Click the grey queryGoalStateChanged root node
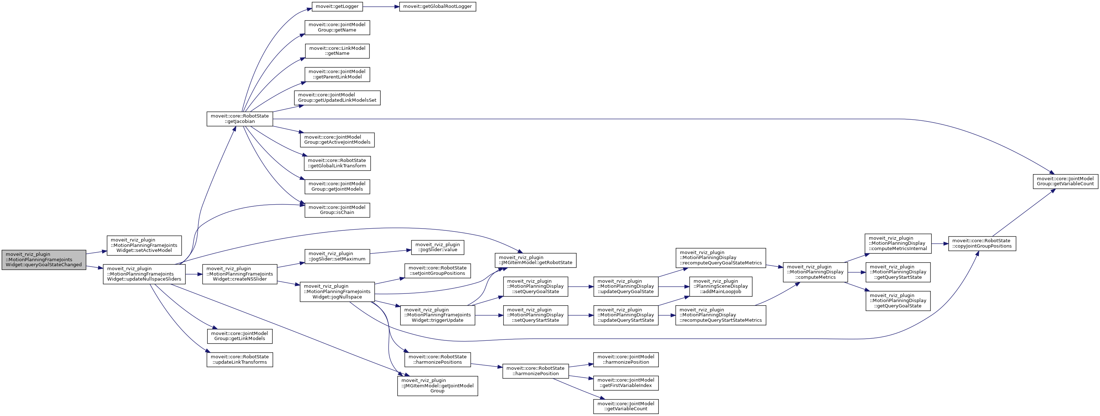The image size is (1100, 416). pos(44,260)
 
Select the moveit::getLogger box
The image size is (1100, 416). pos(337,6)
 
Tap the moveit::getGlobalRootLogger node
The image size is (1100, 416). pos(437,6)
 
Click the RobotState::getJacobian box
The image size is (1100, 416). pos(239,119)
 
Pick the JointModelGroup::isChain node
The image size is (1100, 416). pos(337,210)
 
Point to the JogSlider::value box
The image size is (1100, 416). pos(437,247)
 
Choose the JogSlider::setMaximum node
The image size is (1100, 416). pos(337,256)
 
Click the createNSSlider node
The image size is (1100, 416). pos(239,274)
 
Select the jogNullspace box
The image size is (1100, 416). pos(337,292)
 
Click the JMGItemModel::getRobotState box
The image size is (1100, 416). pos(535,260)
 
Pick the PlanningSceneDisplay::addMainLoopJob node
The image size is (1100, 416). pos(721,286)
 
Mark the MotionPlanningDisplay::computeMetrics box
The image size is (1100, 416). pos(815,272)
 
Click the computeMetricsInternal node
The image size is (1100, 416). pos(897,243)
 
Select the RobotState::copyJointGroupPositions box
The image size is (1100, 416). pos(982,243)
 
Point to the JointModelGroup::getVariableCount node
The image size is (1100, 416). pos(1065,181)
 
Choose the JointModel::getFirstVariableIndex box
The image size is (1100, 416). pos(625,383)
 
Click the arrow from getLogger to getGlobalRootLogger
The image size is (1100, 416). pos(381,6)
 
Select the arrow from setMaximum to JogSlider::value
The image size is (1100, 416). pos(390,252)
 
